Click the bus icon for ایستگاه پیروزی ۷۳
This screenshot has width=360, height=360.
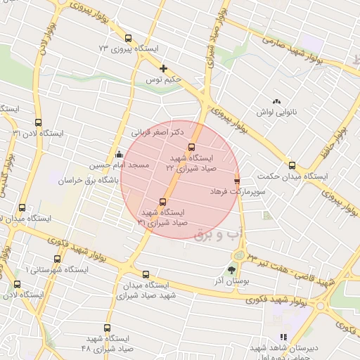[127, 39]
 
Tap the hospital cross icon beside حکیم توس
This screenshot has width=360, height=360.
[163, 69]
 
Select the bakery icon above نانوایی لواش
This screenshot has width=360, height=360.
[276, 102]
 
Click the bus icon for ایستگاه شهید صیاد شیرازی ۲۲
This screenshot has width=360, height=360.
[191, 148]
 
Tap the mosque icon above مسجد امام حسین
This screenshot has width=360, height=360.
[119, 154]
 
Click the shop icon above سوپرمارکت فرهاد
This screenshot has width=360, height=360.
[236, 180]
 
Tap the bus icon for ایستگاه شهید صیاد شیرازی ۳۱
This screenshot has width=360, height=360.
[164, 202]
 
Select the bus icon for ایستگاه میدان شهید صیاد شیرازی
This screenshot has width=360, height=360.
[146, 275]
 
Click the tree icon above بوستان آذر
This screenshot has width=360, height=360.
[231, 270]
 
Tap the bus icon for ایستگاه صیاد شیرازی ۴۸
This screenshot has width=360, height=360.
[108, 328]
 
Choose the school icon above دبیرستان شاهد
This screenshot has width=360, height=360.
[283, 337]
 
